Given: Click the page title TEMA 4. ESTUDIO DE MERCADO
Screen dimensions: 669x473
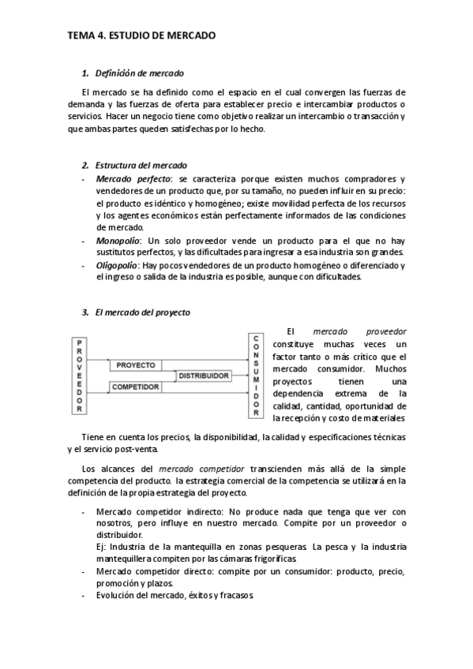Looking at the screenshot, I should pos(141,36).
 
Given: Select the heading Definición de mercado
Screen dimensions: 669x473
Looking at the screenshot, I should pos(139,73).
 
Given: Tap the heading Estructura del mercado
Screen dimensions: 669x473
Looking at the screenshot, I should pos(141,166).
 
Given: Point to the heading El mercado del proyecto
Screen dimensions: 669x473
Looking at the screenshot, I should pos(142,312).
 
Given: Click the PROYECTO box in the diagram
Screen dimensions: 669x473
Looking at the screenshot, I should pos(136,365).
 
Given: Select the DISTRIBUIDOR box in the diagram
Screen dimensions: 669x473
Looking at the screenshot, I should pos(204,376).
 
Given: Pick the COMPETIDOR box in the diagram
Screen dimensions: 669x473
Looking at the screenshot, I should pos(136,387).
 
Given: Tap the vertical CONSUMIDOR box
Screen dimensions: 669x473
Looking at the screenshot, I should pos(256,376).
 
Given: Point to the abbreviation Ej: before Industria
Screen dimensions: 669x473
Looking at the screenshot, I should pos(100,547).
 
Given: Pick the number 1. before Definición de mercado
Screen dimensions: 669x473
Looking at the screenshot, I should pos(85,73).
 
